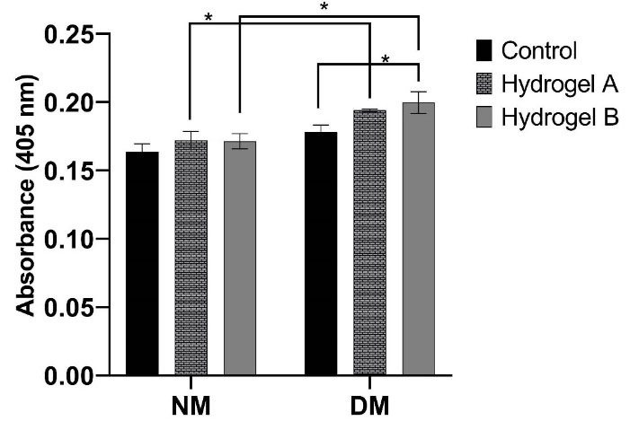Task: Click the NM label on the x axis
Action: (191, 406)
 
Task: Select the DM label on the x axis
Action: (369, 406)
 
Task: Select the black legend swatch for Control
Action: (484, 49)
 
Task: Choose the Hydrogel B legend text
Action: (559, 118)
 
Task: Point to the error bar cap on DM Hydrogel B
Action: (418, 92)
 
